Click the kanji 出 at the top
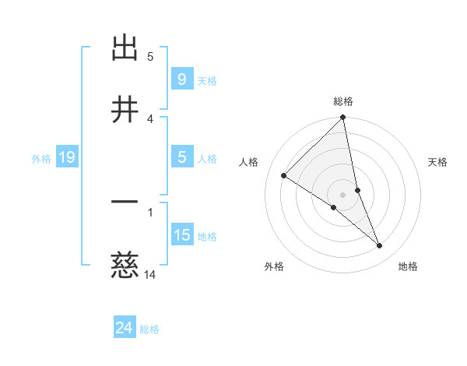(x=125, y=48)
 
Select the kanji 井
(x=125, y=110)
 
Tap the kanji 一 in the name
(x=125, y=202)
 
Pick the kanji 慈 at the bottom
(x=125, y=266)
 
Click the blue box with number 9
(x=181, y=79)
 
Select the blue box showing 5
(x=181, y=157)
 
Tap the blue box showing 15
(x=181, y=234)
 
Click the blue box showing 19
(x=66, y=157)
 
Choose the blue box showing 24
(x=124, y=328)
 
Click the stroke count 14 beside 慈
(x=150, y=274)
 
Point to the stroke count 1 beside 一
(x=150, y=211)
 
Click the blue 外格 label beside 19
(x=41, y=158)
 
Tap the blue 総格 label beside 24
(x=150, y=329)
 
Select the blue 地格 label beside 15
(x=207, y=236)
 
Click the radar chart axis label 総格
(x=343, y=101)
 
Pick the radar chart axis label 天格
(x=438, y=162)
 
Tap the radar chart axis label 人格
(x=249, y=162)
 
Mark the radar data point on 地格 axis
(x=380, y=246)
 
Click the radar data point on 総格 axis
(x=343, y=118)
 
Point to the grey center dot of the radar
(x=343, y=194)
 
